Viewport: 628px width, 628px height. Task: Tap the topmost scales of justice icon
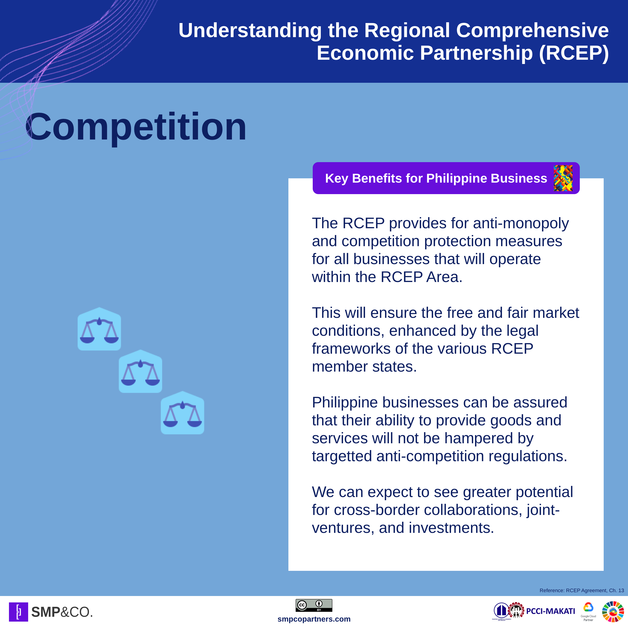click(x=99, y=329)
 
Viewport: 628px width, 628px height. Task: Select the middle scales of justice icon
click(x=140, y=371)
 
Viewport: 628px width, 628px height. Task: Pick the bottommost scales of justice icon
click(x=182, y=413)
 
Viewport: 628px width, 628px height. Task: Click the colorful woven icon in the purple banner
click(x=563, y=178)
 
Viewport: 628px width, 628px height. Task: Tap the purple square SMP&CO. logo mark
click(x=19, y=612)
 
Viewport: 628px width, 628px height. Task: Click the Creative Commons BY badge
click(x=314, y=605)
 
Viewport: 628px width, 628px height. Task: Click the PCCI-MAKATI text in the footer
click(x=551, y=611)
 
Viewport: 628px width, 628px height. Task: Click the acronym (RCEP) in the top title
click(x=574, y=53)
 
